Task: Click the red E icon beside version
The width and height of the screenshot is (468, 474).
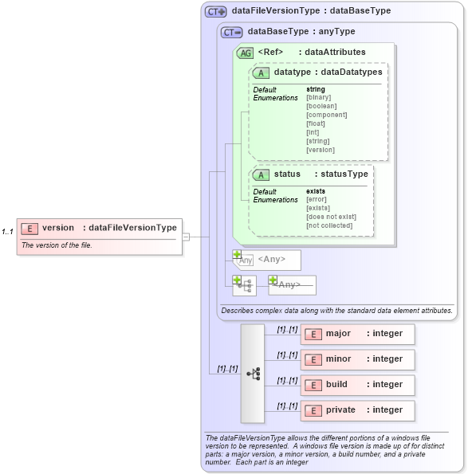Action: (29, 228)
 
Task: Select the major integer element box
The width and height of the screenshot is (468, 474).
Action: (357, 334)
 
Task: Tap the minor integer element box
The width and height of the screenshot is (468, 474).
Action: (357, 359)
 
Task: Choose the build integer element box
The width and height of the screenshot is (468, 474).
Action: (357, 385)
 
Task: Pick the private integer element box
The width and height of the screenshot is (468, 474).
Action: (357, 410)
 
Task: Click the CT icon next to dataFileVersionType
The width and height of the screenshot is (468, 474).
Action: (216, 12)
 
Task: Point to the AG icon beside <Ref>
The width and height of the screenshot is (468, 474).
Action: (246, 53)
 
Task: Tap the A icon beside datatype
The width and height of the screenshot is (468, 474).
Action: (261, 72)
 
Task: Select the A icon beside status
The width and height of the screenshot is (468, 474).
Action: (261, 174)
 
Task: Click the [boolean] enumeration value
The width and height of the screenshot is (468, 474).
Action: (321, 106)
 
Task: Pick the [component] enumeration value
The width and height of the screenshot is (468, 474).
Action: (326, 115)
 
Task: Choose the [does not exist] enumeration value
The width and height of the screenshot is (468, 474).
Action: (331, 217)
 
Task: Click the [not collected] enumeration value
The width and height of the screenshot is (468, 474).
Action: (329, 225)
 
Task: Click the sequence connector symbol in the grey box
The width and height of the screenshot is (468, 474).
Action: (253, 373)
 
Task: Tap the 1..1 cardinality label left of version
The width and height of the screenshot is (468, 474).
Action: (7, 232)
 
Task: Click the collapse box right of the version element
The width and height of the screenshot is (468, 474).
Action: (186, 237)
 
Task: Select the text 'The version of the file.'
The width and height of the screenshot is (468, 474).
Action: (57, 245)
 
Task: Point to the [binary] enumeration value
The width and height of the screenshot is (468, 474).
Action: (318, 97)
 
